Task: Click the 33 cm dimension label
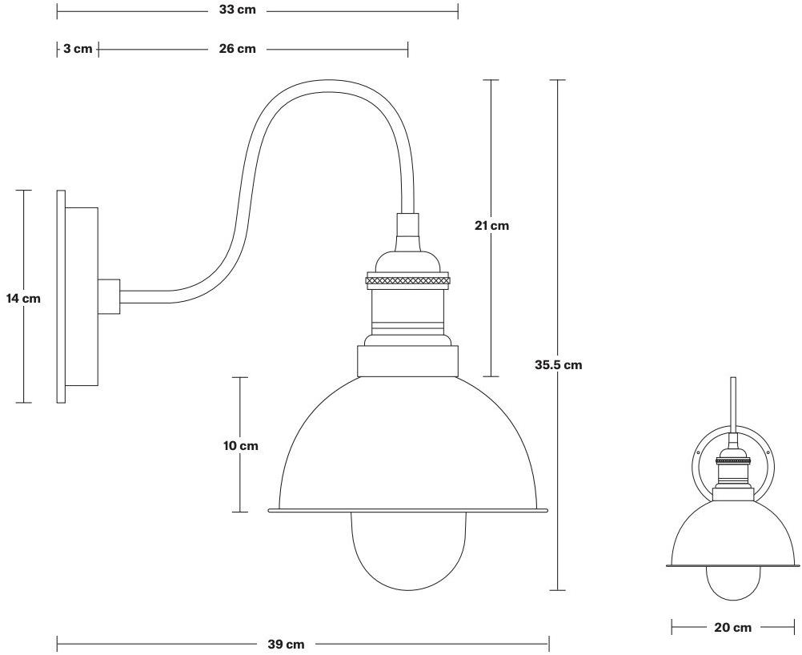[237, 11]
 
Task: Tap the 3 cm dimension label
[78, 49]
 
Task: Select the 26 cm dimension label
[237, 49]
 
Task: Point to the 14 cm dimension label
[23, 299]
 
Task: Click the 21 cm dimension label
[491, 226]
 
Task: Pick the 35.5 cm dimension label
[558, 365]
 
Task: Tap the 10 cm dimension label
[241, 446]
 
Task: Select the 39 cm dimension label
[286, 644]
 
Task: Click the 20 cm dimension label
[732, 628]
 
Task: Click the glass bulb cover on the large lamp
[407, 553]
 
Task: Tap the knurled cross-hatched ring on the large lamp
[407, 280]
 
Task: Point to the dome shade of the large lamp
[407, 448]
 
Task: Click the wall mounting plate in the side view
[61, 296]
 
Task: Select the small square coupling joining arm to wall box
[109, 296]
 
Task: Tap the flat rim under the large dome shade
[407, 509]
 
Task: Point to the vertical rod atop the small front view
[733, 404]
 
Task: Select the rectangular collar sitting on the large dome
[407, 361]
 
